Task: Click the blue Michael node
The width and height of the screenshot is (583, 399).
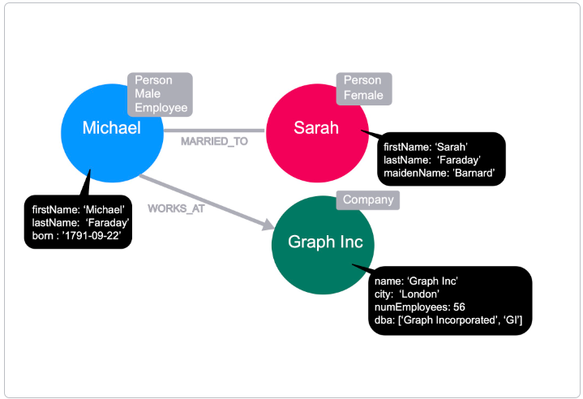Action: [111, 128]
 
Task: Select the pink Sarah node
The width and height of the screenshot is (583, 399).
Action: [315, 128]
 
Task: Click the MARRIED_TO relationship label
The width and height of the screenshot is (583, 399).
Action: [214, 141]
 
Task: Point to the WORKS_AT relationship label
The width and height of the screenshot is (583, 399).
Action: [176, 208]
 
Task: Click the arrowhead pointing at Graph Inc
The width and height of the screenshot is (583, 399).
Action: [268, 226]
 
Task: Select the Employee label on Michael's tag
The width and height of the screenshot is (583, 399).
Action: [161, 107]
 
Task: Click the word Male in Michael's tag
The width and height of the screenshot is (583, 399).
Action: [148, 94]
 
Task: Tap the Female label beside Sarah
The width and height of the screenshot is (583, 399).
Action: [363, 95]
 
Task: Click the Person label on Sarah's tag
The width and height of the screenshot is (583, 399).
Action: [362, 81]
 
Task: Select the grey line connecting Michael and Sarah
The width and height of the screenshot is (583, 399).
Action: [214, 130]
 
